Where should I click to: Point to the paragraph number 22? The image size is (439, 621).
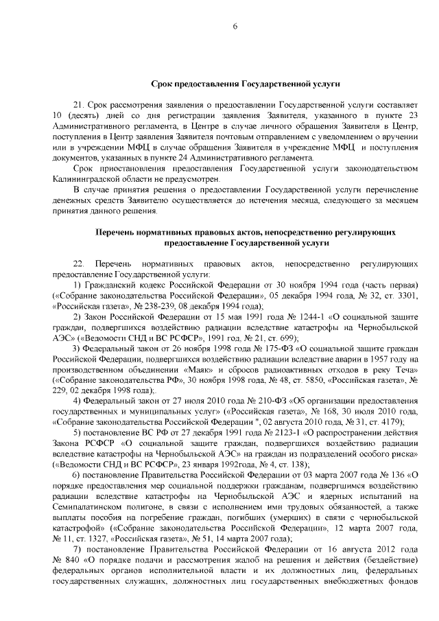(x=78, y=263)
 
